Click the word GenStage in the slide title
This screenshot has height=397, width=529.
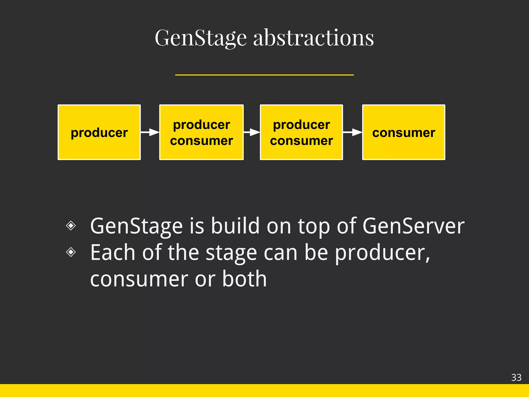point(201,38)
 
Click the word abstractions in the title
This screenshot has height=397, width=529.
point(313,38)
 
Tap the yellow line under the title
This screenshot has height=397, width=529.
point(264,75)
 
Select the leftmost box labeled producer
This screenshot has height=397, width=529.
point(99,132)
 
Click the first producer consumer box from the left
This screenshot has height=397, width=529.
point(201,132)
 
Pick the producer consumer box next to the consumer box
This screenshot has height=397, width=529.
point(301,132)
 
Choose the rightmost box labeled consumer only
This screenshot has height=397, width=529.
point(403,132)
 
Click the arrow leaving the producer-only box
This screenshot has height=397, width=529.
point(150,132)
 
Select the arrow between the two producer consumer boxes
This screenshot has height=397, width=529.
point(252,132)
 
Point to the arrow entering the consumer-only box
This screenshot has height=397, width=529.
point(353,132)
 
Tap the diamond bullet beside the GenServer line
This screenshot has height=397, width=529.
point(71,225)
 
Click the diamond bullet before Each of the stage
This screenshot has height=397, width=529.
point(71,252)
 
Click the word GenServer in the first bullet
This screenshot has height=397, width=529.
point(413,226)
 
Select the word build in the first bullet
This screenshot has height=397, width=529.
point(235,226)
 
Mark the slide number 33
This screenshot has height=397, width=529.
point(516,378)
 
